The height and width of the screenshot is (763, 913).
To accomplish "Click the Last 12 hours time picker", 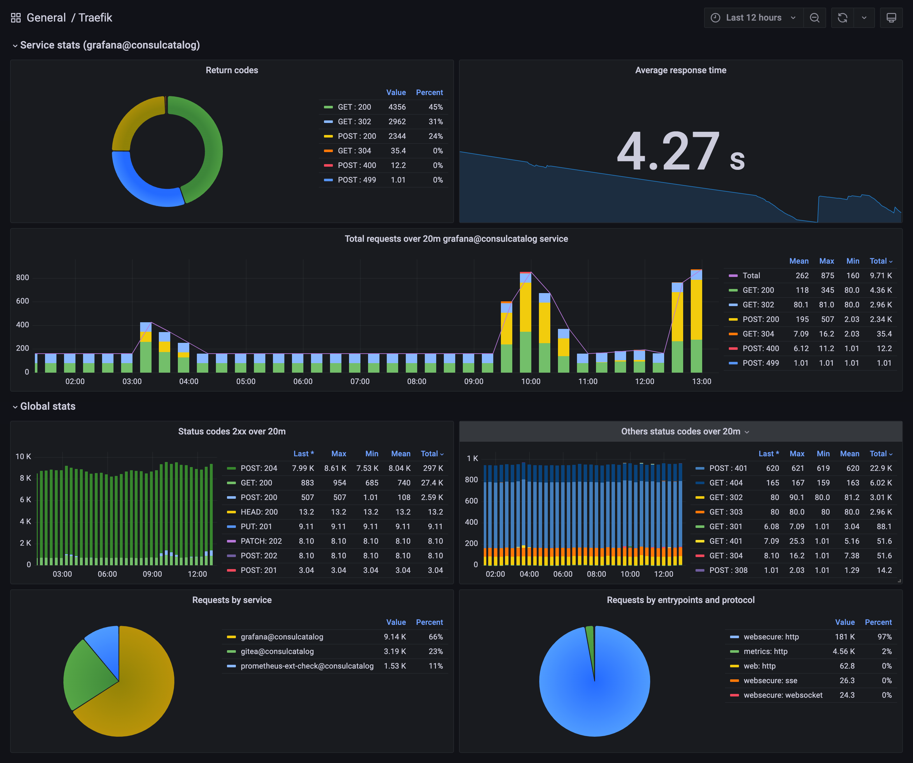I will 754,18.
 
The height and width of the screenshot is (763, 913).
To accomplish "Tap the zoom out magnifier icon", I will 815,18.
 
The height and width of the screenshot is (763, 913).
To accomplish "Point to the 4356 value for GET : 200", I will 397,107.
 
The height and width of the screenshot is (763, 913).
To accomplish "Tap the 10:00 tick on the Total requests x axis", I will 530,381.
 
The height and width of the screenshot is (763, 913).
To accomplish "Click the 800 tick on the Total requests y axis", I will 23,278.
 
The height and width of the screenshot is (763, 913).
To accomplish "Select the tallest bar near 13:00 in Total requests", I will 696,322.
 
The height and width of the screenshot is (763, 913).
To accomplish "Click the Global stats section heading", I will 48,406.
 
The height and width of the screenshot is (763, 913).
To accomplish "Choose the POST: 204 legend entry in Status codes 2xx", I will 259,468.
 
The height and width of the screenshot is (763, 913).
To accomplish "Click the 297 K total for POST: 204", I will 433,468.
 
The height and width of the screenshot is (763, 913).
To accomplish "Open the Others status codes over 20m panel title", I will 680,432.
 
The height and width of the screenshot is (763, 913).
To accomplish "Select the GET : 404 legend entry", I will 726,483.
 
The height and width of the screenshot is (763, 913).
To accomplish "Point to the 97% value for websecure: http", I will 884,637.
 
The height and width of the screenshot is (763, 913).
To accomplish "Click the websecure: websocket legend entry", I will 783,695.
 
